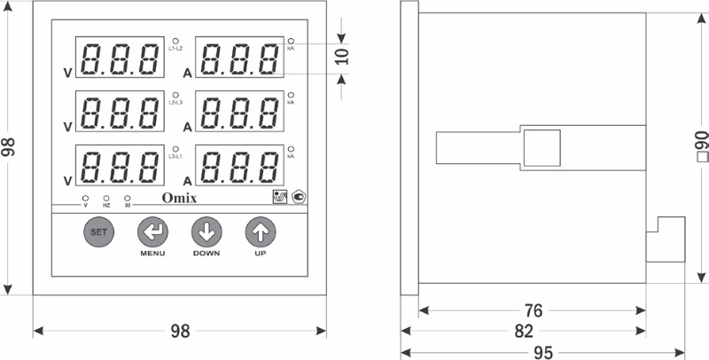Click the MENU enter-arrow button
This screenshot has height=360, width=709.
pos(152,232)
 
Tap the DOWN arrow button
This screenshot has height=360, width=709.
pos(206,232)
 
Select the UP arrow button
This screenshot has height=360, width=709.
pos(261,232)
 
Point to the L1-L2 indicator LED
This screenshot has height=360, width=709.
pos(175,41)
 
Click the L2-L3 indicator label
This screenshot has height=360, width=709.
pos(175,103)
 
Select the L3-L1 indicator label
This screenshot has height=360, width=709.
pos(175,156)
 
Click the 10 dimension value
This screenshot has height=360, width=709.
pos(344,58)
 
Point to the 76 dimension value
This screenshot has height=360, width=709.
pos(532,310)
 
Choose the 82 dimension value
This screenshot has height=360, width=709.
pos(524,331)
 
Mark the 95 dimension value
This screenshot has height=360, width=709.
pos(543,352)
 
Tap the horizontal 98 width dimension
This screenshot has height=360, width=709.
pos(180,331)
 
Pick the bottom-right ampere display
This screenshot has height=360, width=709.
pos(239,165)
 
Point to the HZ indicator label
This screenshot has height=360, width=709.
pos(106,206)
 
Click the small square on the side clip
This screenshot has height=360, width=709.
pos(541,147)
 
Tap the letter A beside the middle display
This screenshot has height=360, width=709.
pos(187,127)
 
